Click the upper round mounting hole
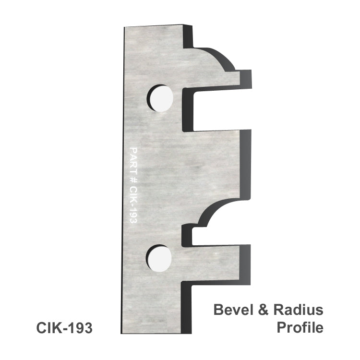click(x=160, y=98)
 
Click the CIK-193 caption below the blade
click(x=64, y=328)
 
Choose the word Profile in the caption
click(x=300, y=328)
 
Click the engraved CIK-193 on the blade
click(x=133, y=205)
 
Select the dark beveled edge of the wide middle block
click(x=245, y=163)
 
